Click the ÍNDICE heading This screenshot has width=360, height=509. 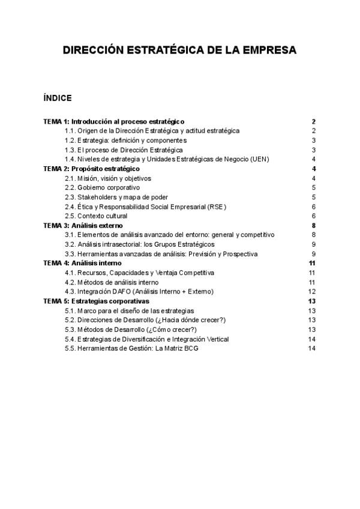[x=58, y=97]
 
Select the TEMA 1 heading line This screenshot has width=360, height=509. [x=113, y=121]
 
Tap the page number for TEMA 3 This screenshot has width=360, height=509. [x=314, y=225]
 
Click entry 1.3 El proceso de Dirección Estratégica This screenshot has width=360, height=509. [x=124, y=149]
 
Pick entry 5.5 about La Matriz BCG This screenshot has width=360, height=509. [x=131, y=348]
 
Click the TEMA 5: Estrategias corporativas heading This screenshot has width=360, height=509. [x=97, y=301]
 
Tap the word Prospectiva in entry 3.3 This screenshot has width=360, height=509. [x=239, y=254]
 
